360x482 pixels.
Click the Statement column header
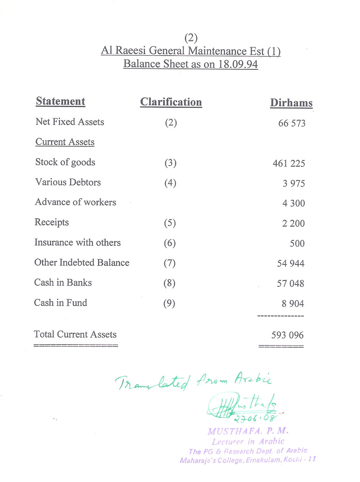coord(60,101)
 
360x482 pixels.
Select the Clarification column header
coord(171,102)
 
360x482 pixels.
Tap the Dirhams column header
coord(291,103)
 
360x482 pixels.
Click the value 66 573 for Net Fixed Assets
coord(291,124)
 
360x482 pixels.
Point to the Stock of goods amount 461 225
coord(288,164)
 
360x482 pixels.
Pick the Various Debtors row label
coord(68,182)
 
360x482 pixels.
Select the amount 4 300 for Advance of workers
coord(293,204)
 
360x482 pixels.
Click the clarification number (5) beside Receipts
coord(170,223)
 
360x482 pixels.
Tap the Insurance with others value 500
coord(297,243)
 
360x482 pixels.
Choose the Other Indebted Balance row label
coord(82,263)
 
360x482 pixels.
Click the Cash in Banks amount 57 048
coord(290,283)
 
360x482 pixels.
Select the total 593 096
coord(287,335)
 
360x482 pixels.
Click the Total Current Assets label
coord(75,334)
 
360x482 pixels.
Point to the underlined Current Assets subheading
coord(65,142)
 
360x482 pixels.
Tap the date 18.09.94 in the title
coord(238,64)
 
